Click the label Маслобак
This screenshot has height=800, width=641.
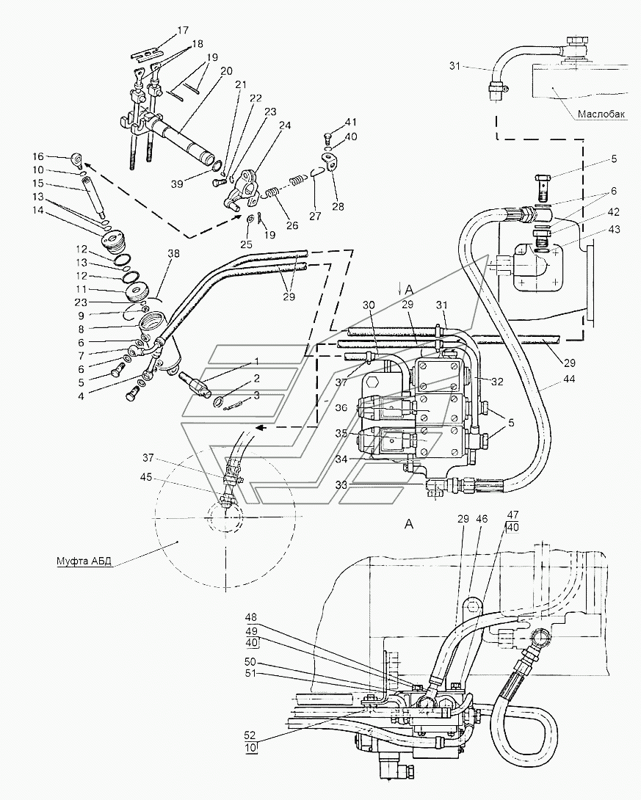(601, 114)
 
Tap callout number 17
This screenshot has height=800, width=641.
(183, 31)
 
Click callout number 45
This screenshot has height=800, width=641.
(146, 476)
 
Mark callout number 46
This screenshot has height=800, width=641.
(482, 519)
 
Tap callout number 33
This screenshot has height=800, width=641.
(341, 484)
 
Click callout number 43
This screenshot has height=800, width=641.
(614, 229)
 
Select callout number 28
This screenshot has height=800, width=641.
(338, 206)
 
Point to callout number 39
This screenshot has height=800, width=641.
(177, 183)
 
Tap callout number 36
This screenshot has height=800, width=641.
(341, 407)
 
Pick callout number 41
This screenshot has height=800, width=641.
(351, 123)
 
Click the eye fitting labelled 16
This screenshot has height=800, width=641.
(78, 161)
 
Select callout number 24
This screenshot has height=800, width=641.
(285, 125)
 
